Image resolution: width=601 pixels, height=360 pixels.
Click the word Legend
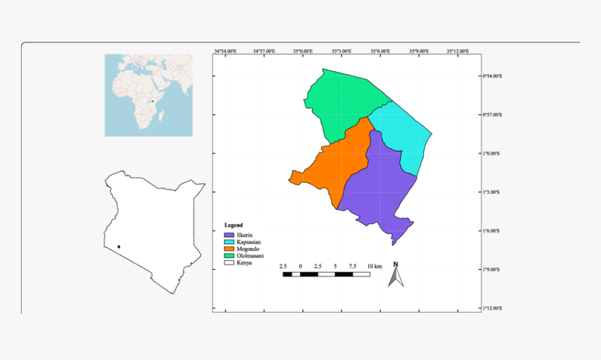click(233, 225)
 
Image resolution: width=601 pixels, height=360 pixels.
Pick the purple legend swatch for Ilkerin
click(228, 235)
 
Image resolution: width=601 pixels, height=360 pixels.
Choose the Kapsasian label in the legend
click(250, 242)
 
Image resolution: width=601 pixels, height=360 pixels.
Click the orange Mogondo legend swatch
click(228, 249)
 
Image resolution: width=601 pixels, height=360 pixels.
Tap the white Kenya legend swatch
click(228, 263)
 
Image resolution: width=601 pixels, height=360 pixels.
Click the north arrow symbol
click(396, 275)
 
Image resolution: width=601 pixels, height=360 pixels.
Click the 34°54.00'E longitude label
click(225, 51)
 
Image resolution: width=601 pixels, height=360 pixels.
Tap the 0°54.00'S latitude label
click(493, 76)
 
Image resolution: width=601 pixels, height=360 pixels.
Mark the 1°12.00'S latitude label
click(493, 308)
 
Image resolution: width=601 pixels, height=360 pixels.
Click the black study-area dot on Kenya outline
click(119, 246)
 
